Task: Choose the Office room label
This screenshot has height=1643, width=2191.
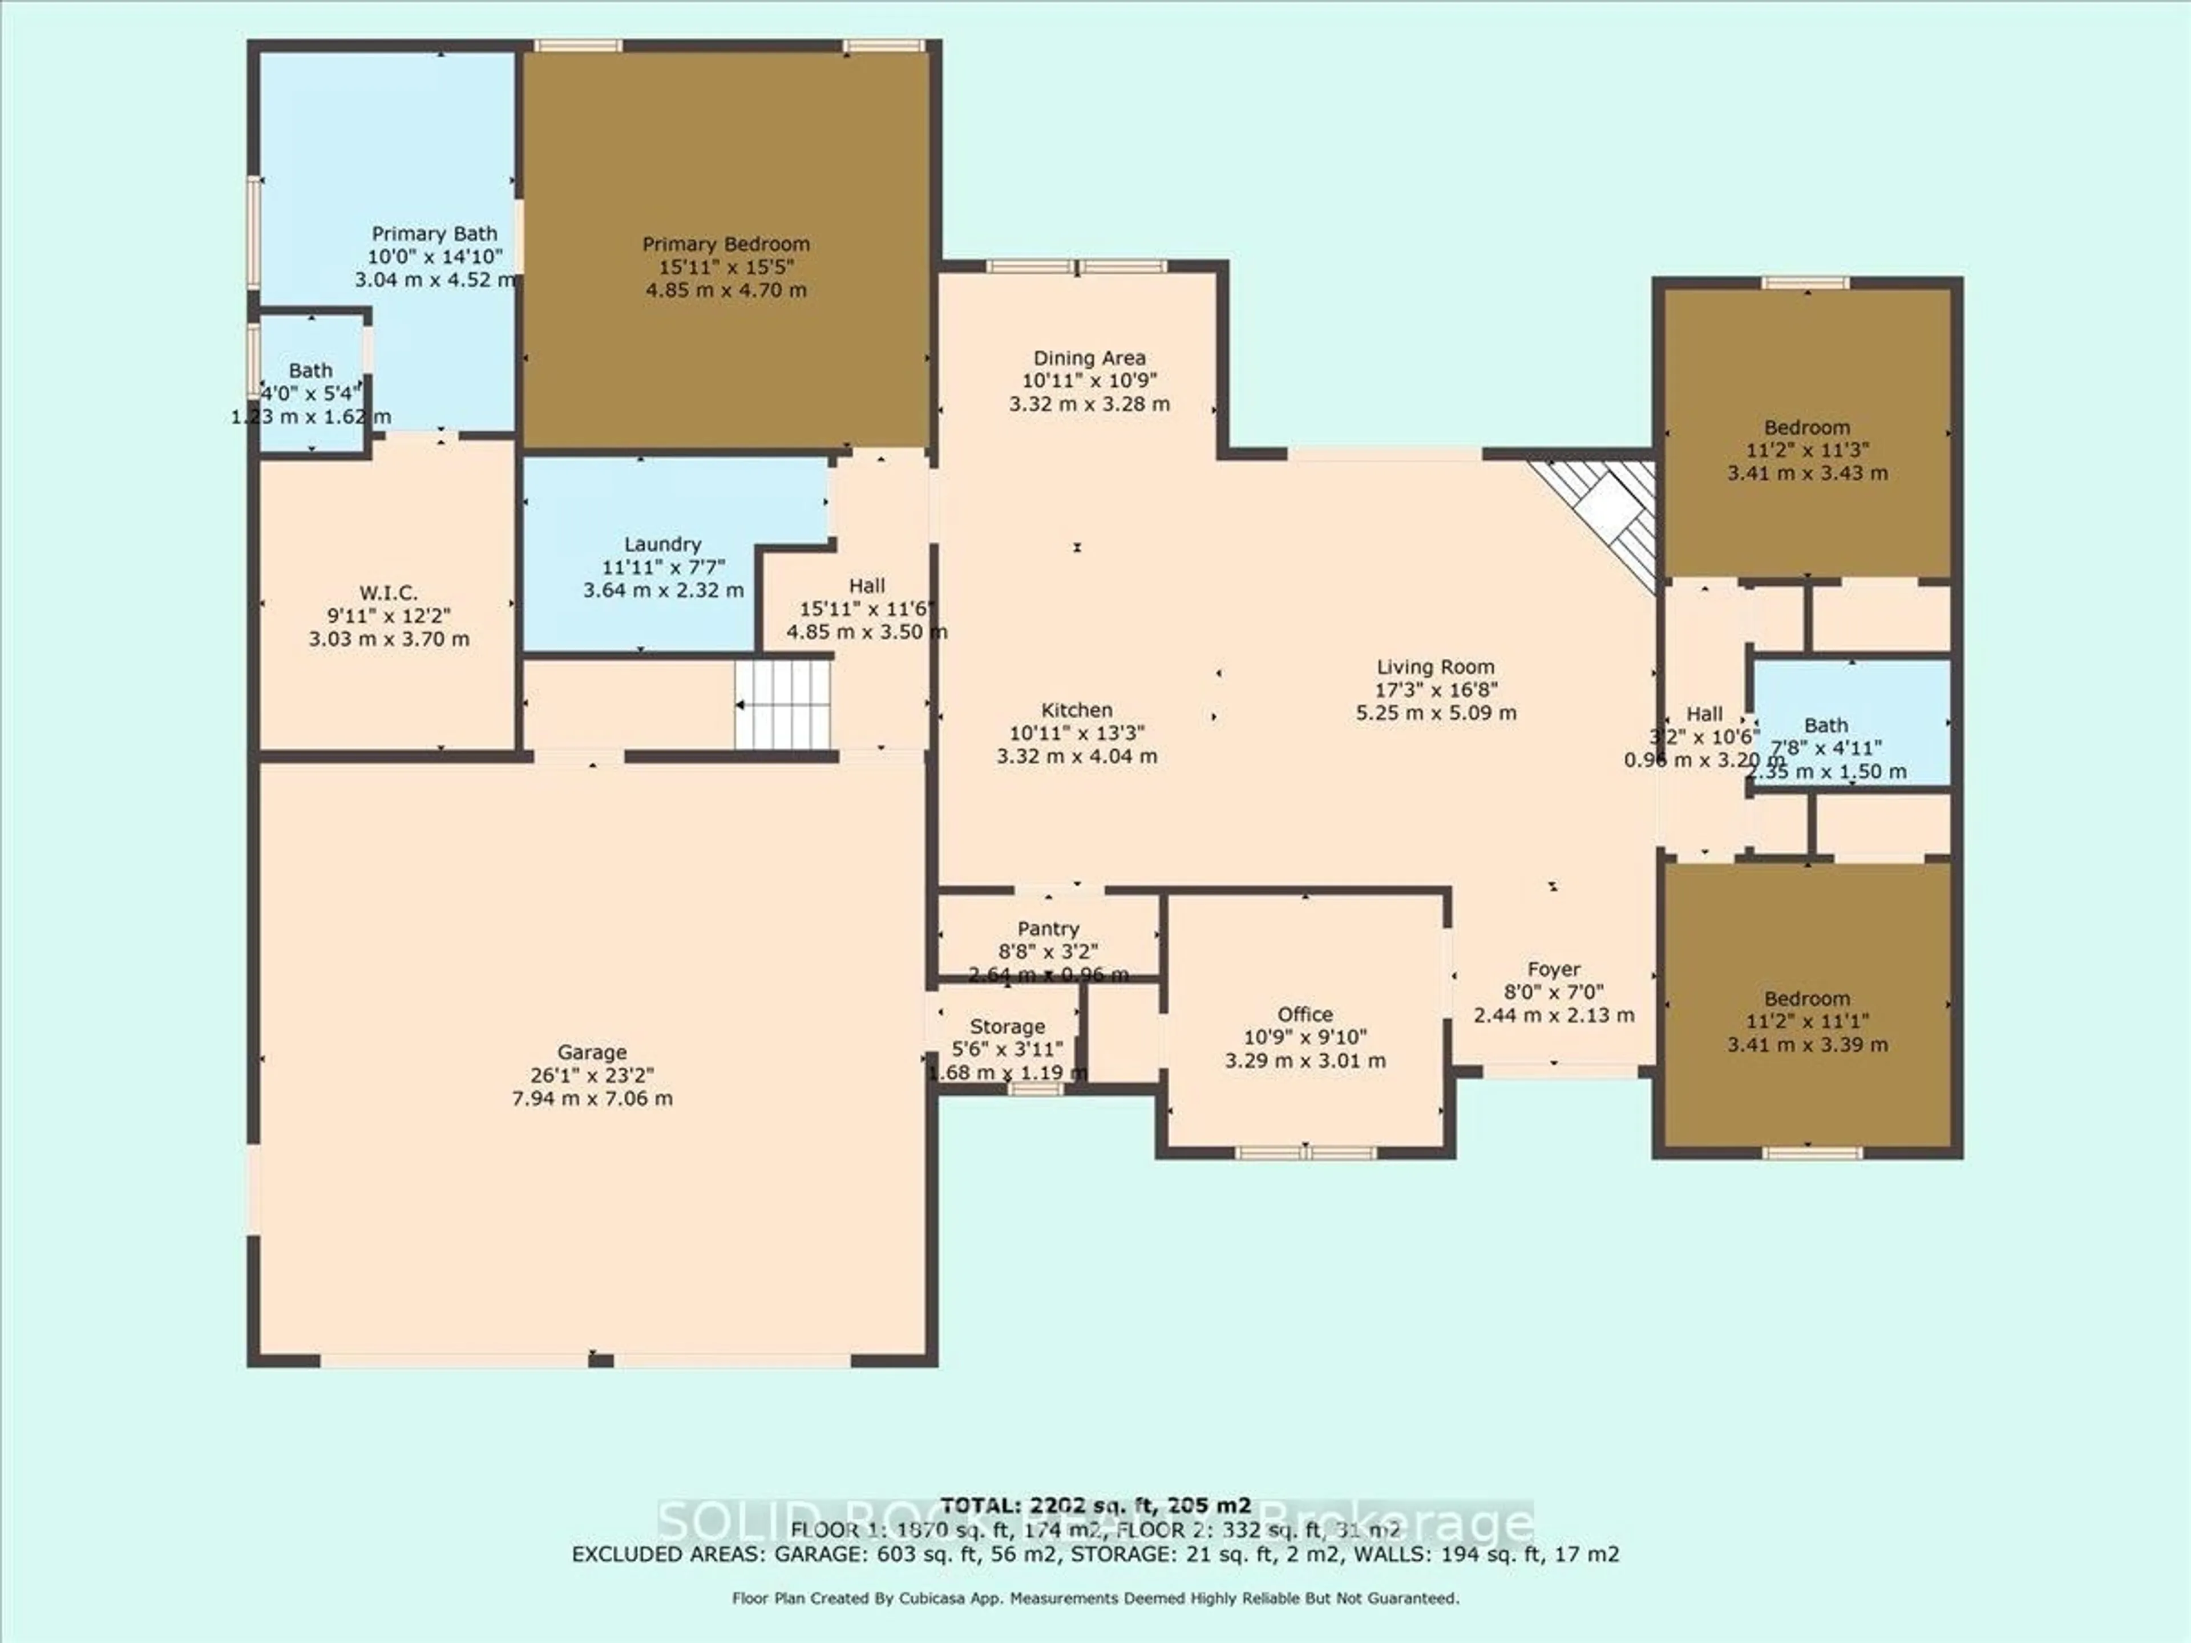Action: (x=1304, y=1014)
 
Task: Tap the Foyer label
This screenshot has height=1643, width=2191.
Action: (x=1553, y=970)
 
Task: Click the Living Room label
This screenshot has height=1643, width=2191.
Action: (x=1435, y=667)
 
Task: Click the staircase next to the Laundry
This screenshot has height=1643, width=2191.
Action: (x=782, y=704)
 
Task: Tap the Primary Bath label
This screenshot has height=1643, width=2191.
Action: (x=434, y=234)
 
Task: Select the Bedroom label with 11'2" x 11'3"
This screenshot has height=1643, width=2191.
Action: (x=1806, y=428)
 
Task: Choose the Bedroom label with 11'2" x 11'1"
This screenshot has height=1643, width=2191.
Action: (x=1806, y=999)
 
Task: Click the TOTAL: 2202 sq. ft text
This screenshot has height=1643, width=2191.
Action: (x=1094, y=1506)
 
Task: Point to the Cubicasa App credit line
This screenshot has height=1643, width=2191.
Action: (x=1094, y=1599)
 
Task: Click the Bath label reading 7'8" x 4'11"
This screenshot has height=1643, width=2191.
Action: (x=1825, y=726)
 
